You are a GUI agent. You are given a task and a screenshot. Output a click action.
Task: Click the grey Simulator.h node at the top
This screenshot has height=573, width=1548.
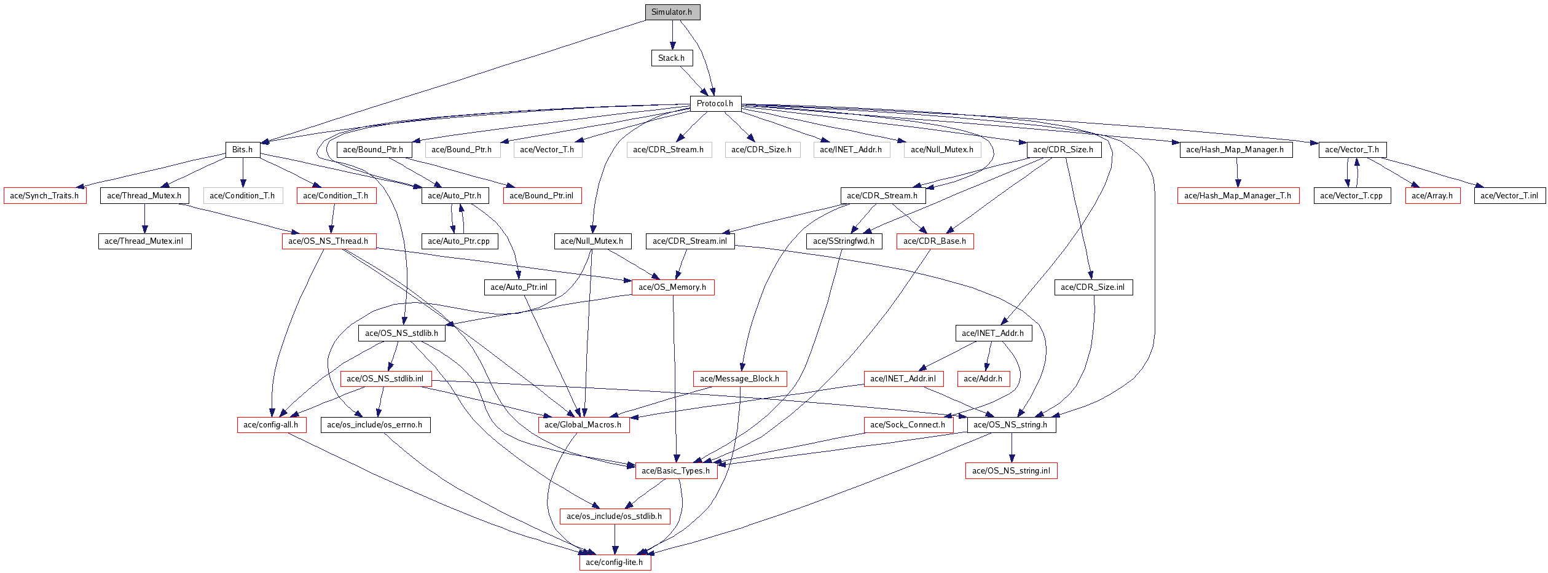672,12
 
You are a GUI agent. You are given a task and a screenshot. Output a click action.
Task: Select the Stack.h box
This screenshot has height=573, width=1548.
672,58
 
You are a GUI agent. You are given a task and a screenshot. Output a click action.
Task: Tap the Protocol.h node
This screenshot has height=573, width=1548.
715,104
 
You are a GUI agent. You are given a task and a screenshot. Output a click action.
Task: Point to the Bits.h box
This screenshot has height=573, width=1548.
243,150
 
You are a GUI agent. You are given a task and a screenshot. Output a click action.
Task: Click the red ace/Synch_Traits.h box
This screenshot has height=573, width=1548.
45,196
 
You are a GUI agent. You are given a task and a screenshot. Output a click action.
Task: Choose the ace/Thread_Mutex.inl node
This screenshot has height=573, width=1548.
144,241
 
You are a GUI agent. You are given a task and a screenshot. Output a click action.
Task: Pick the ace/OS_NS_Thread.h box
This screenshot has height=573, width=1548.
329,241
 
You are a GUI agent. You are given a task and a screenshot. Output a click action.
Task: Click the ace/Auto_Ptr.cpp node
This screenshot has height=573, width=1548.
459,241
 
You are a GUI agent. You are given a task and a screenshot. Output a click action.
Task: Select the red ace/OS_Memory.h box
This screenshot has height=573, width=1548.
672,287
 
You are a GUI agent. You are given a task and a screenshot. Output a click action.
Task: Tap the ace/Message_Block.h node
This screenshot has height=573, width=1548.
739,379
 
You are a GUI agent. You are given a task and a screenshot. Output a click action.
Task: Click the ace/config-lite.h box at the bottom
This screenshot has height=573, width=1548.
615,563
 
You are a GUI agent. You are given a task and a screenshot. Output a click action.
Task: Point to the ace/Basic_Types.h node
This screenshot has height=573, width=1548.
676,471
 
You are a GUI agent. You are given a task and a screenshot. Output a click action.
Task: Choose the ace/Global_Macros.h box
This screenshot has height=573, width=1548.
583,425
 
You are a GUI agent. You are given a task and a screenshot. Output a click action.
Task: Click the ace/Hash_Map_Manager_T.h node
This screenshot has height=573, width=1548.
1238,196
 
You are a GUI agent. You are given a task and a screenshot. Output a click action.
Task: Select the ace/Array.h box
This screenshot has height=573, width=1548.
1432,196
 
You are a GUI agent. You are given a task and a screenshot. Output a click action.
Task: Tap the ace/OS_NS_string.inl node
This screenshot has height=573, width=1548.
1011,471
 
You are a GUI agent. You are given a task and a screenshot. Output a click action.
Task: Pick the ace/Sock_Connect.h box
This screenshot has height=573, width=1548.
908,425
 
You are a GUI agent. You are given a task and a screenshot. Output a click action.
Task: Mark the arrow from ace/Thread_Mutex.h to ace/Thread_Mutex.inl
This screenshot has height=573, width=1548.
144,219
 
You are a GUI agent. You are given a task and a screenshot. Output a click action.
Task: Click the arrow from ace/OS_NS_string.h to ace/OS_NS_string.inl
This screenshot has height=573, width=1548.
1012,448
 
